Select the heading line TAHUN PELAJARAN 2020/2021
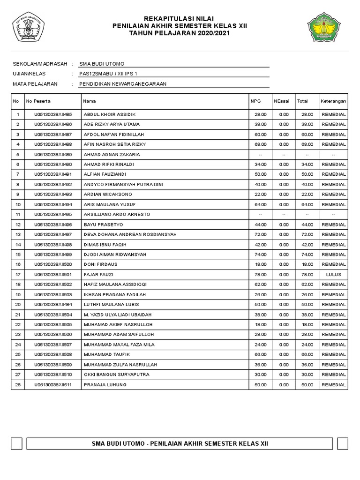pos(180,34)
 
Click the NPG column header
pos(255,101)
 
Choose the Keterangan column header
pos(333,101)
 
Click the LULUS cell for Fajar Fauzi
pos(333,275)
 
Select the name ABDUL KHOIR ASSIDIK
pos(110,114)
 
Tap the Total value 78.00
pos(307,275)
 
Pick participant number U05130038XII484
pos(53,305)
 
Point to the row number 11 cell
pos(17,214)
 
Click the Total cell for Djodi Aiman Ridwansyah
pos(307,255)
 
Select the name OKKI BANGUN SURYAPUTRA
pos(114,375)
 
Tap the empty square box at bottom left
pos(16,443)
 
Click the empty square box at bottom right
pos(343,443)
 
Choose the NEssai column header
pos(282,101)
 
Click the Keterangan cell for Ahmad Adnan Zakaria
pos(333,154)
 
